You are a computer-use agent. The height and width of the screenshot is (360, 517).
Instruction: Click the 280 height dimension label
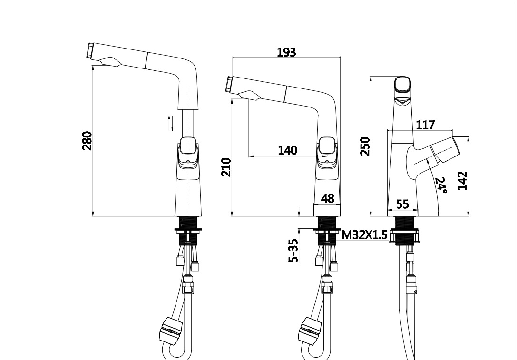[87, 141]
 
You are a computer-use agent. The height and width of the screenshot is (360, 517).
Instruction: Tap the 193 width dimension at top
[286, 52]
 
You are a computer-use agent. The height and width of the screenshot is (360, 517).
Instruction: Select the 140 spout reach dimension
[288, 150]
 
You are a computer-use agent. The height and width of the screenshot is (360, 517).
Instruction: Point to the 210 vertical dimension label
[226, 167]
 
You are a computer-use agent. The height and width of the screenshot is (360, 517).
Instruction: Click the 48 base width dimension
[327, 198]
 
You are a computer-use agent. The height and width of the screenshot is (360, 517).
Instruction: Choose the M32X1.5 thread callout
[364, 235]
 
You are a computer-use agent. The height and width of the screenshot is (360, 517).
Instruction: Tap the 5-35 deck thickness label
[293, 251]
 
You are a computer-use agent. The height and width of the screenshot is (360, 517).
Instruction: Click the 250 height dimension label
[365, 146]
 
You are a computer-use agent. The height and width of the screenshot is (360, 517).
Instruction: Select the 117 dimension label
[425, 125]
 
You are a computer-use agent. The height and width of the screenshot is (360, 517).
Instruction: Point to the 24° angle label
[441, 185]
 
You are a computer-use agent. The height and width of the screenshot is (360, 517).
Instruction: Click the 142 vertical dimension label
[463, 180]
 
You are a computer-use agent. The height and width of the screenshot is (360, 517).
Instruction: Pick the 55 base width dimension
[402, 204]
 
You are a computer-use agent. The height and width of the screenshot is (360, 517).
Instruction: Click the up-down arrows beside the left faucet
[170, 123]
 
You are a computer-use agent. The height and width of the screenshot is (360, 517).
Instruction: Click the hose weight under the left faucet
[170, 330]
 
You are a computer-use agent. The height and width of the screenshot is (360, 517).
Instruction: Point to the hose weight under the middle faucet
[309, 330]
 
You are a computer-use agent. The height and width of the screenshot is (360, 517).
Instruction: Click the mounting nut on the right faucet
[404, 236]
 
